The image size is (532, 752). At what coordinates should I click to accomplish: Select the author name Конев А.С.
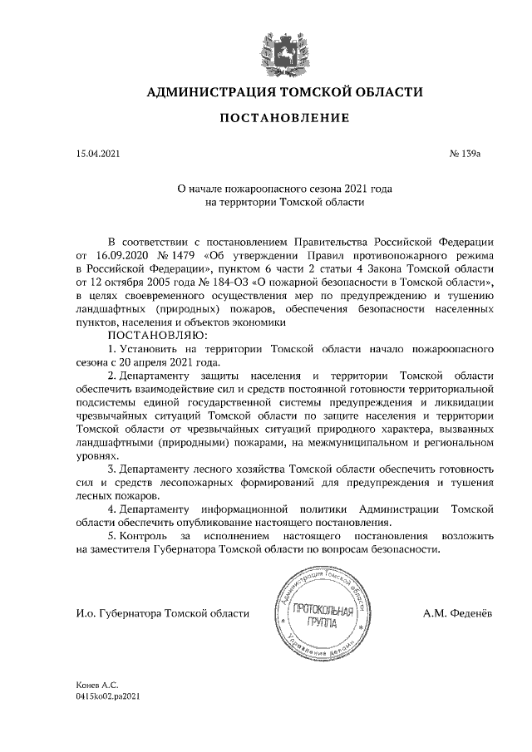click(x=93, y=685)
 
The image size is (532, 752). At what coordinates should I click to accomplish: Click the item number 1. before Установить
click(x=113, y=350)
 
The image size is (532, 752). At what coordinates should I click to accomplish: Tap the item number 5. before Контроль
click(x=113, y=537)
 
